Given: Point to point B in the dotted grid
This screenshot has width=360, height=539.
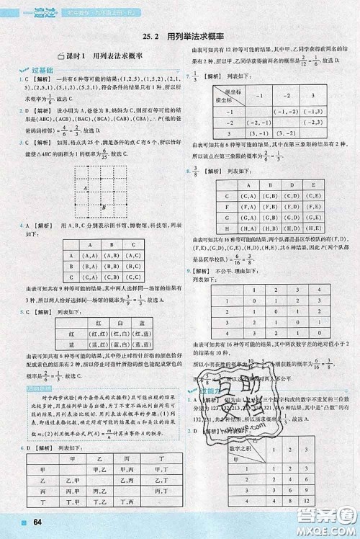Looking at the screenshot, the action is point(106,208).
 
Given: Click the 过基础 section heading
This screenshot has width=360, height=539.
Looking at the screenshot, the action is point(28,70).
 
